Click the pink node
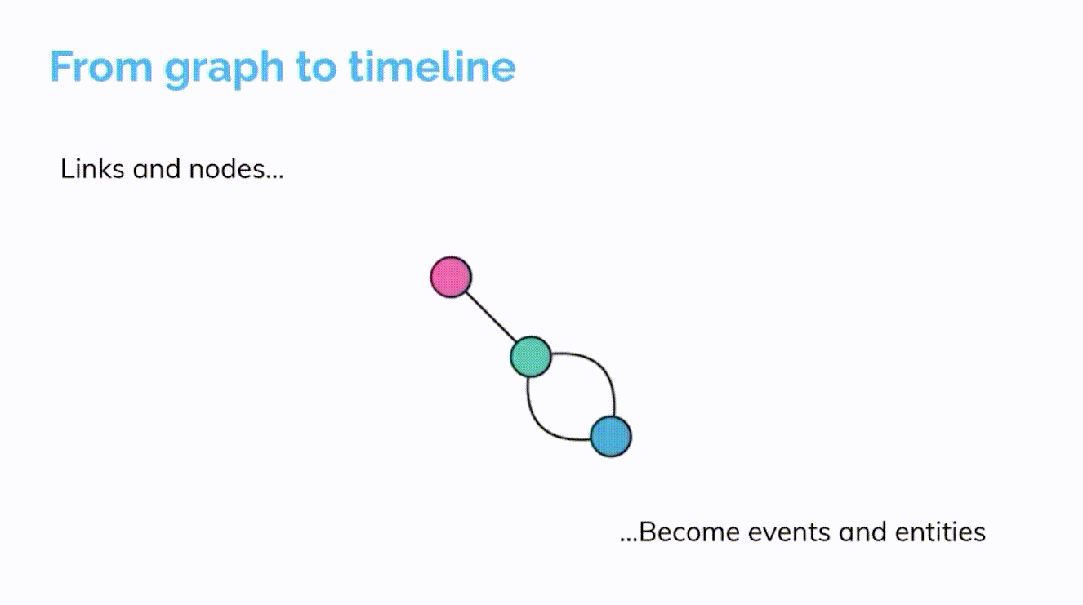coord(451,277)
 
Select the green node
coord(531,357)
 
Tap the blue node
coord(611,436)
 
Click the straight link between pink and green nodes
coord(491,317)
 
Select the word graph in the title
coord(224,70)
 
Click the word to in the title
coord(316,68)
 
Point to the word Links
coord(91,169)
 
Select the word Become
coord(689,532)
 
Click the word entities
coord(940,532)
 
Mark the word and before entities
coord(862,532)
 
